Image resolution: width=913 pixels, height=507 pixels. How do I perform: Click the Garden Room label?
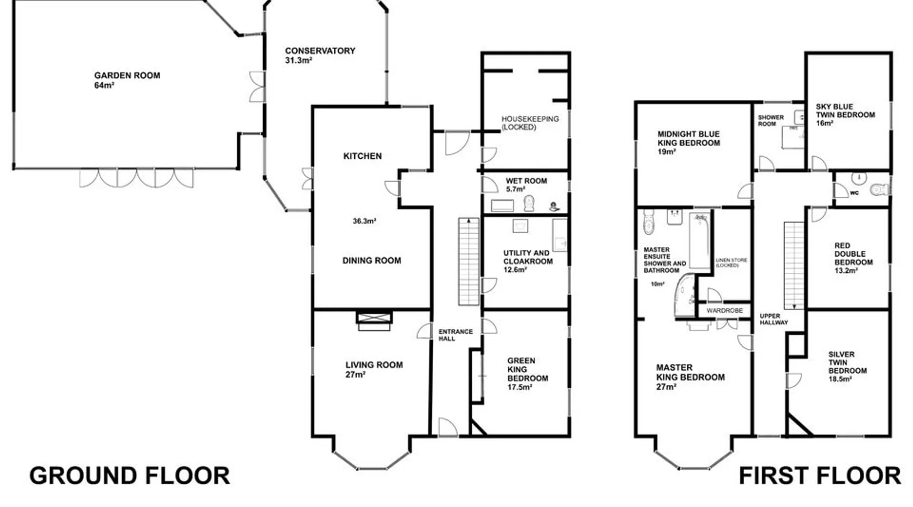pyautogui.click(x=127, y=80)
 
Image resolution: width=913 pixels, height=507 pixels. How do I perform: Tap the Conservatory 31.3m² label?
pyautogui.click(x=320, y=55)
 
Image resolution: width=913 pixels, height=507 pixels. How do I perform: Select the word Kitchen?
pyautogui.click(x=363, y=156)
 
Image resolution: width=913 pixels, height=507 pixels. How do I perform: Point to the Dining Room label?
pyautogui.click(x=372, y=261)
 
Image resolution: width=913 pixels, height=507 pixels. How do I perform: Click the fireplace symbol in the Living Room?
pyautogui.click(x=374, y=321)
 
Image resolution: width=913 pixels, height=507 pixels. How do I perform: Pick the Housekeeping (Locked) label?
pyautogui.click(x=530, y=123)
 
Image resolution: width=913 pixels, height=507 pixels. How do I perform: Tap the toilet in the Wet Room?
pyautogui.click(x=529, y=203)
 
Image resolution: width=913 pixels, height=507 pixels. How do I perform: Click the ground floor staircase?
pyautogui.click(x=469, y=262)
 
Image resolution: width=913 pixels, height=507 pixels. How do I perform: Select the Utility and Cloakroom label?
pyautogui.click(x=528, y=261)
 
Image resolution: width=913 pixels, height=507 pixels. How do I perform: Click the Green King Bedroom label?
pyautogui.click(x=528, y=374)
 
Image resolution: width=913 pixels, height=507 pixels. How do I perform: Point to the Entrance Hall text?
pyautogui.click(x=455, y=335)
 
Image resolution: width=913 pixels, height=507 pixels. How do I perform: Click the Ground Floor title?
pyautogui.click(x=130, y=476)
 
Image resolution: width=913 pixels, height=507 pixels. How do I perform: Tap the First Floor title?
pyautogui.click(x=820, y=476)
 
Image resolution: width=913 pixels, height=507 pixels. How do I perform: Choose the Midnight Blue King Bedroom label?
pyautogui.click(x=689, y=142)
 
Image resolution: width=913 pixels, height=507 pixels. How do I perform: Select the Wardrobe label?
pyautogui.click(x=724, y=310)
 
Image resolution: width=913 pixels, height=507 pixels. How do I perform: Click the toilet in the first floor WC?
pyautogui.click(x=880, y=190)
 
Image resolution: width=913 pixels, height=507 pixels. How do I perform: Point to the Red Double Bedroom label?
pyautogui.click(x=854, y=258)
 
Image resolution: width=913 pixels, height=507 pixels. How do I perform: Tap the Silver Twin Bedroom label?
pyautogui.click(x=848, y=367)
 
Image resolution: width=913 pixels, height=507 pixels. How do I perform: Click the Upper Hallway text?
pyautogui.click(x=774, y=319)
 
